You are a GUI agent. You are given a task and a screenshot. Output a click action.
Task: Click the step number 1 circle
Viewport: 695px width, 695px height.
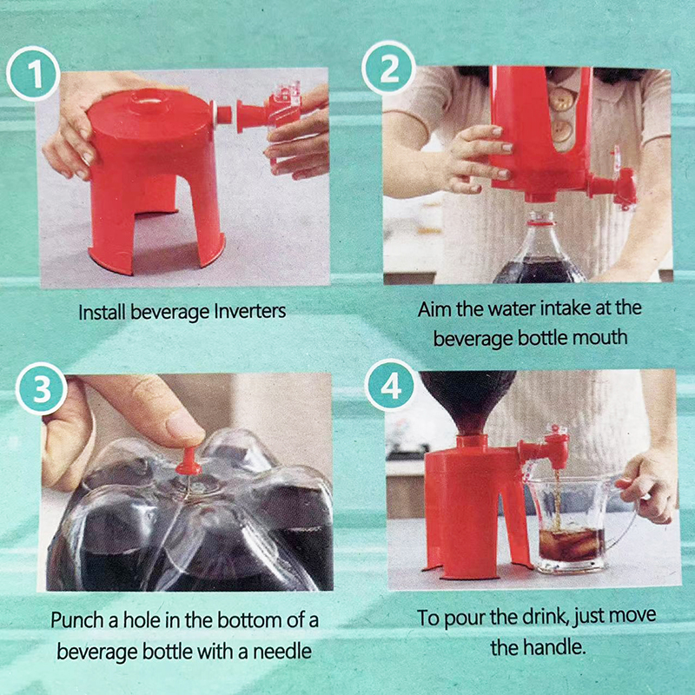click(x=33, y=74)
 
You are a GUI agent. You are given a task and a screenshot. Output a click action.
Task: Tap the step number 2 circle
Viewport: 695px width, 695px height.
click(x=388, y=69)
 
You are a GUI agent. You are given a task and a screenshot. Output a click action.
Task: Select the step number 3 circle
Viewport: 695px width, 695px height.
click(x=42, y=388)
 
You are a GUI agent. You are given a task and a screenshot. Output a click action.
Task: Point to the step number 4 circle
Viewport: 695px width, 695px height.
click(x=390, y=385)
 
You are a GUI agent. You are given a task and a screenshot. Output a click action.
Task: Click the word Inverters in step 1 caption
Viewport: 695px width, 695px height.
click(x=250, y=311)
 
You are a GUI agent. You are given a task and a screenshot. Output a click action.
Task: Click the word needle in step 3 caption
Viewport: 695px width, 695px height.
click(x=282, y=652)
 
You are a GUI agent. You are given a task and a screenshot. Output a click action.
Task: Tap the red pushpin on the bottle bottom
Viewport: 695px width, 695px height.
click(x=189, y=461)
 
